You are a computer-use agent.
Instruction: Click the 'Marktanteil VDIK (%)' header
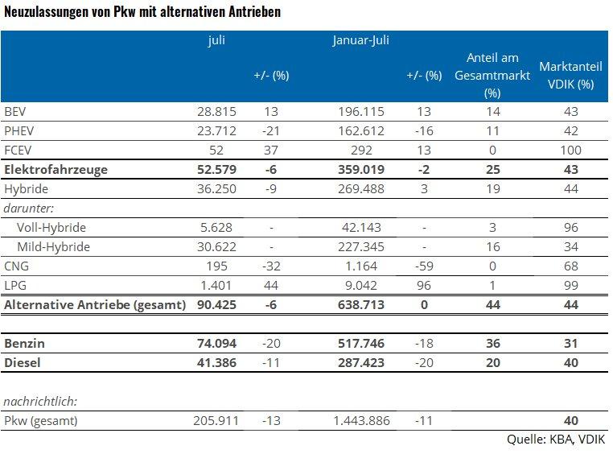[x=566, y=75]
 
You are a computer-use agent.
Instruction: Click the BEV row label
[x=15, y=111]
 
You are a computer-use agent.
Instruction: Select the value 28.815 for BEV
[x=216, y=111]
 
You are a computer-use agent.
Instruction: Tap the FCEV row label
[x=17, y=150]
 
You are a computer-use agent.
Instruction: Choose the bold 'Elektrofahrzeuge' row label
[x=56, y=169]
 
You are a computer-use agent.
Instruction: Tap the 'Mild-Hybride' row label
[x=53, y=246]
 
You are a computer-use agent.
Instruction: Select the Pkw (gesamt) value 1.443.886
[x=357, y=420]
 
